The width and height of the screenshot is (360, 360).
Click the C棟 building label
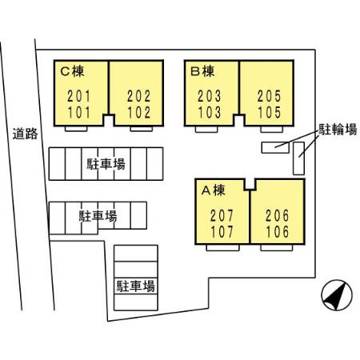pyautogui.click(x=73, y=70)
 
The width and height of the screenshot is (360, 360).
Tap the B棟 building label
pyautogui.click(x=204, y=70)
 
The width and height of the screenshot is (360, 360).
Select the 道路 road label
pyautogui.click(x=26, y=134)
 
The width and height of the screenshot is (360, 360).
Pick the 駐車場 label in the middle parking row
pyautogui.click(x=98, y=216)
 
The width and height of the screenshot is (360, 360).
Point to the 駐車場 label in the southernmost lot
pyautogui.click(x=136, y=285)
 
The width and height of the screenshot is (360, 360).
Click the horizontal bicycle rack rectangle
pyautogui.click(x=278, y=146)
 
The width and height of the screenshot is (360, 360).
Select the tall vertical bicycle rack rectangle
pyautogui.click(x=299, y=158)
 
